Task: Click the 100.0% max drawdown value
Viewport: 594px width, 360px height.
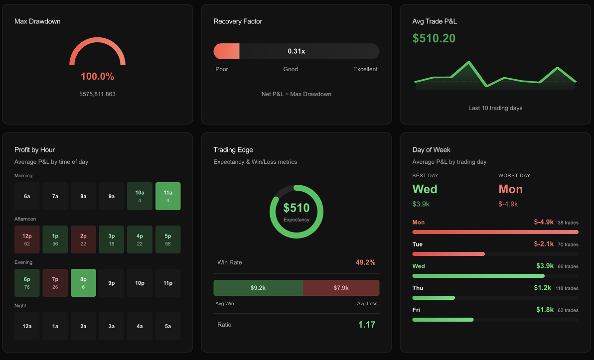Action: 97,77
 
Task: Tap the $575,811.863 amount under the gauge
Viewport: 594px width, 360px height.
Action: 97,94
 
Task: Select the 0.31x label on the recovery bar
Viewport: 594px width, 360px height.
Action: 296,51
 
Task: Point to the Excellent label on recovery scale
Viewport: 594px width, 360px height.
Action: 365,69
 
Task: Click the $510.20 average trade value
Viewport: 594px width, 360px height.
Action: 434,38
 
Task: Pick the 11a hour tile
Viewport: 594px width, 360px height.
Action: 168,196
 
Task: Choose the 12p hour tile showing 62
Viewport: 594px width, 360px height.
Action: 27,239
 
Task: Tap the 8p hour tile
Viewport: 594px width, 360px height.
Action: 83,282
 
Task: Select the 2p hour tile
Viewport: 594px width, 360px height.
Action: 83,239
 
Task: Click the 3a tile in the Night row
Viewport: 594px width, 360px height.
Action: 112,326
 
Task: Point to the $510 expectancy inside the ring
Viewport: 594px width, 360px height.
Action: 297,208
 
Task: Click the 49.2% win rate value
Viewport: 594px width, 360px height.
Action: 365,262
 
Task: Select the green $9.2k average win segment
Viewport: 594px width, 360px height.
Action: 258,288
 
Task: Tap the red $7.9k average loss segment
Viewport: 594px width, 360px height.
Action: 341,288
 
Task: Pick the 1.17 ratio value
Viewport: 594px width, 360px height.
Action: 366,325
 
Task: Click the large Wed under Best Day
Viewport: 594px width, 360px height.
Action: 425,189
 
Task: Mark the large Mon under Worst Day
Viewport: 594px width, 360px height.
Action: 510,189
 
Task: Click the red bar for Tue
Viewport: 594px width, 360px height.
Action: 448,254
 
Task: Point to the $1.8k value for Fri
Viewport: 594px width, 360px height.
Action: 545,310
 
